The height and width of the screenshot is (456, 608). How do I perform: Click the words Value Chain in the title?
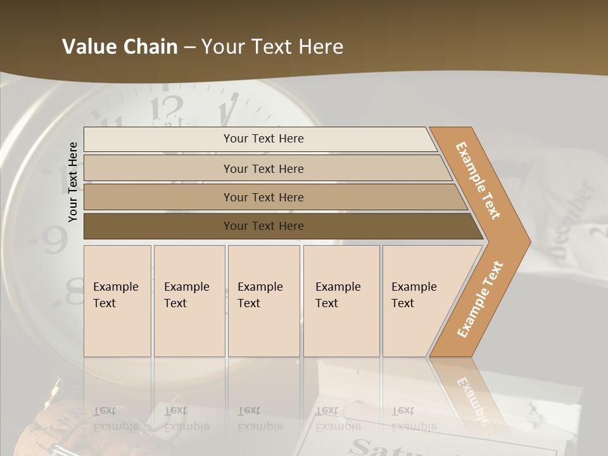point(120,47)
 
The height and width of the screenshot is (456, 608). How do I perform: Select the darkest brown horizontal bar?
point(158,226)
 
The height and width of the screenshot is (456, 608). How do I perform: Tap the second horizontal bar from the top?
point(158,168)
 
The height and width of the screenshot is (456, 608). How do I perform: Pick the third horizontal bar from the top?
point(158,197)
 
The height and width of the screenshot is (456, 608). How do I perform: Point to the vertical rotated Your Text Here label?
point(73,182)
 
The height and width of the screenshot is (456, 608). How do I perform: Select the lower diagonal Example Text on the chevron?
point(479,300)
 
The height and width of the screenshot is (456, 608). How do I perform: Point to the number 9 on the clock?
point(56,240)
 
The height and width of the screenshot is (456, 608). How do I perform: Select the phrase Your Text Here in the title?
point(272,47)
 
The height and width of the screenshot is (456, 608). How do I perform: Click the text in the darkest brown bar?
point(263,226)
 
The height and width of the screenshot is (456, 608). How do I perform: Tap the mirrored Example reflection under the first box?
point(116,426)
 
